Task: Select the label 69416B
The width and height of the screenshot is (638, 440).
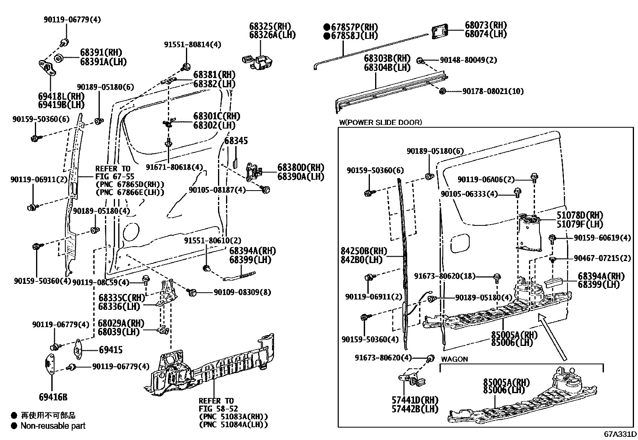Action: pyautogui.click(x=53, y=397)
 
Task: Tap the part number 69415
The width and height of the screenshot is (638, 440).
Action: pyautogui.click(x=111, y=350)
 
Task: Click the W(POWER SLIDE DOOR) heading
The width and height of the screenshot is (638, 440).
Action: pyautogui.click(x=380, y=123)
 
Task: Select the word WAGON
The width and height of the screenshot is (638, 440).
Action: pyautogui.click(x=454, y=359)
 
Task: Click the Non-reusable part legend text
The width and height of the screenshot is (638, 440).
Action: pyautogui.click(x=53, y=426)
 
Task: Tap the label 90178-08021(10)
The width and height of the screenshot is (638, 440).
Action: pyautogui.click(x=493, y=92)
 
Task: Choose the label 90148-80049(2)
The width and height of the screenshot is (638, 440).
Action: pyautogui.click(x=468, y=60)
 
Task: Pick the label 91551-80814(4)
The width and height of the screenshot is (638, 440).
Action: pyautogui.click(x=192, y=44)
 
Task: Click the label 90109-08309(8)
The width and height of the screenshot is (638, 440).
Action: pyautogui.click(x=242, y=293)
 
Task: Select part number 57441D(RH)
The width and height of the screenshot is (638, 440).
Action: pyautogui.click(x=415, y=400)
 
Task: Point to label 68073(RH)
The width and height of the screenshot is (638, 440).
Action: pyautogui.click(x=485, y=25)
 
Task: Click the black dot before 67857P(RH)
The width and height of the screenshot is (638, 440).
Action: pyautogui.click(x=327, y=27)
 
